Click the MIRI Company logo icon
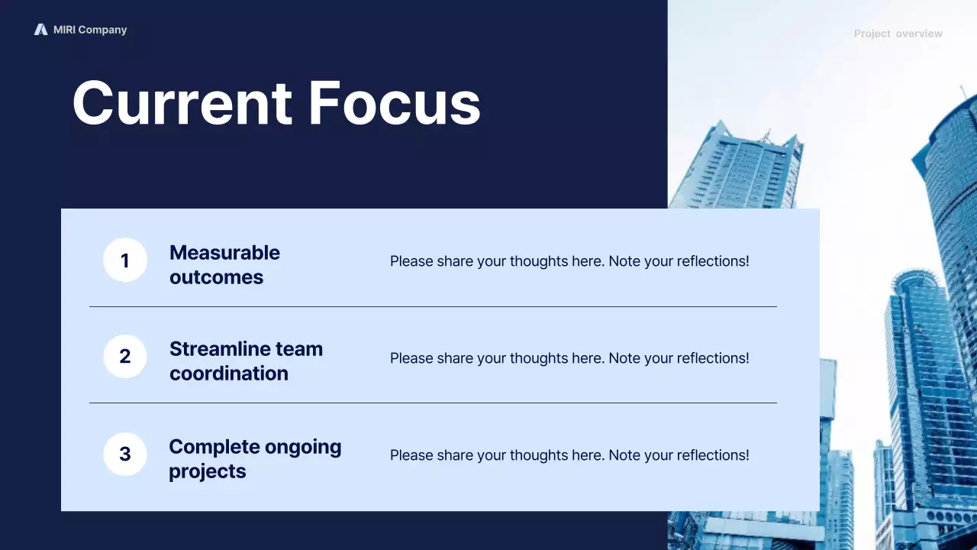[x=40, y=30]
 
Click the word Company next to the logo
[x=102, y=30]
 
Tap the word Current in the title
[x=182, y=103]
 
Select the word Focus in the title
[x=395, y=103]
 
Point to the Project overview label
[x=898, y=34]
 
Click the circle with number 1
[x=125, y=260]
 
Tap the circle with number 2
[x=125, y=357]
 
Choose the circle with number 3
[x=125, y=455]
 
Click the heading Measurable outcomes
[x=224, y=264]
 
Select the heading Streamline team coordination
[x=246, y=361]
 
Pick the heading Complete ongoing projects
[x=255, y=458]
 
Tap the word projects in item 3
[x=208, y=471]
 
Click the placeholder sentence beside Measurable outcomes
[x=569, y=261]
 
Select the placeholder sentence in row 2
[x=569, y=358]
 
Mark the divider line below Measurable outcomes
[x=433, y=307]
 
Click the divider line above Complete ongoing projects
[x=433, y=403]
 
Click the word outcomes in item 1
[x=216, y=277]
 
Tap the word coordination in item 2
[x=229, y=374]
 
